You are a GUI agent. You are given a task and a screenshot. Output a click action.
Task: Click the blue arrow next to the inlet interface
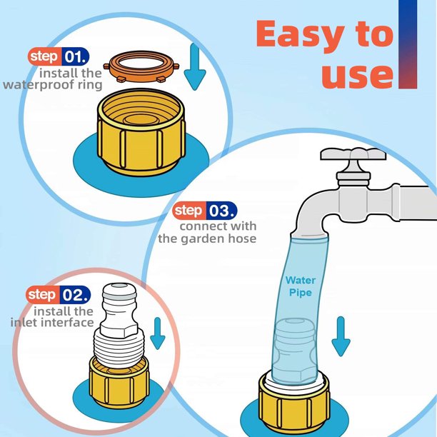159,331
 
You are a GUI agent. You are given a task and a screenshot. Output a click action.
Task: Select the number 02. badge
75,294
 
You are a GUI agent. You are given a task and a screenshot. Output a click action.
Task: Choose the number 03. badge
221,211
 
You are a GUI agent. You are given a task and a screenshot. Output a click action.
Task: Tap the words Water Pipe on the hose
300,286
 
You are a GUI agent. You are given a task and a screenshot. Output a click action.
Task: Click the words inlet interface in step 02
51,323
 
